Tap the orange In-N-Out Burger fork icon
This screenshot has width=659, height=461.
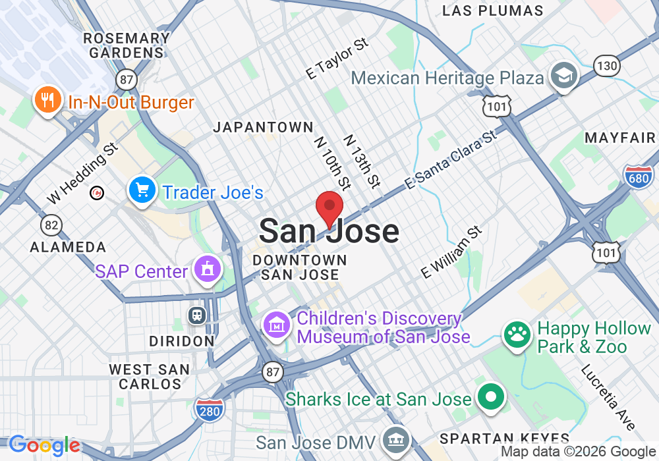(46, 101)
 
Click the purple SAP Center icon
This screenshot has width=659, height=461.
(208, 270)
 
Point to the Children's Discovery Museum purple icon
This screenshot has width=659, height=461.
(277, 325)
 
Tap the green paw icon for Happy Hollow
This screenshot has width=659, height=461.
(517, 335)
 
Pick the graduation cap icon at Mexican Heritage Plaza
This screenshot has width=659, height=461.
(564, 76)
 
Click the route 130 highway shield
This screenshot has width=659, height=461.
(606, 65)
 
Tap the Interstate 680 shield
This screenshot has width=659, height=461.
(638, 176)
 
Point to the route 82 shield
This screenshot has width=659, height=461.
(51, 225)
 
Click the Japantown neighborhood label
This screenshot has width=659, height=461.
(263, 127)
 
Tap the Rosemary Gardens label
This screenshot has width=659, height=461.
(127, 45)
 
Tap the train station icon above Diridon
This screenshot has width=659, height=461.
(196, 315)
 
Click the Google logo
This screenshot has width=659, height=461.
(43, 446)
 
